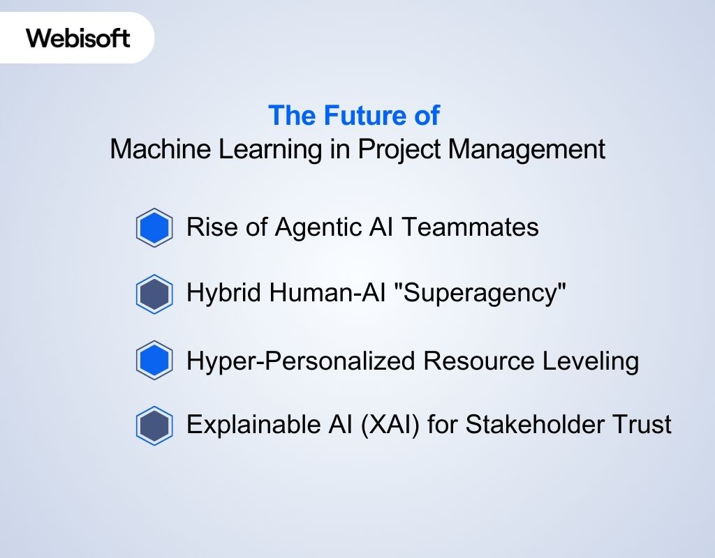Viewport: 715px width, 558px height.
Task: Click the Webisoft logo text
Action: point(78,38)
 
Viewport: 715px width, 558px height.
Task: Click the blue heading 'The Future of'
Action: point(354,115)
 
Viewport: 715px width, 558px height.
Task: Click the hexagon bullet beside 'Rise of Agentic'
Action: point(154,227)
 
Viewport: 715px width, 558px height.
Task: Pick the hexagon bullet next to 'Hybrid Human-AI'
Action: point(154,294)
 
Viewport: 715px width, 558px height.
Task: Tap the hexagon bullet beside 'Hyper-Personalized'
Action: point(154,361)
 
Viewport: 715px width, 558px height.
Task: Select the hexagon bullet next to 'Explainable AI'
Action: point(154,426)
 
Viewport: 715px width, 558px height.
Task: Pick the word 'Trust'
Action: point(642,424)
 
